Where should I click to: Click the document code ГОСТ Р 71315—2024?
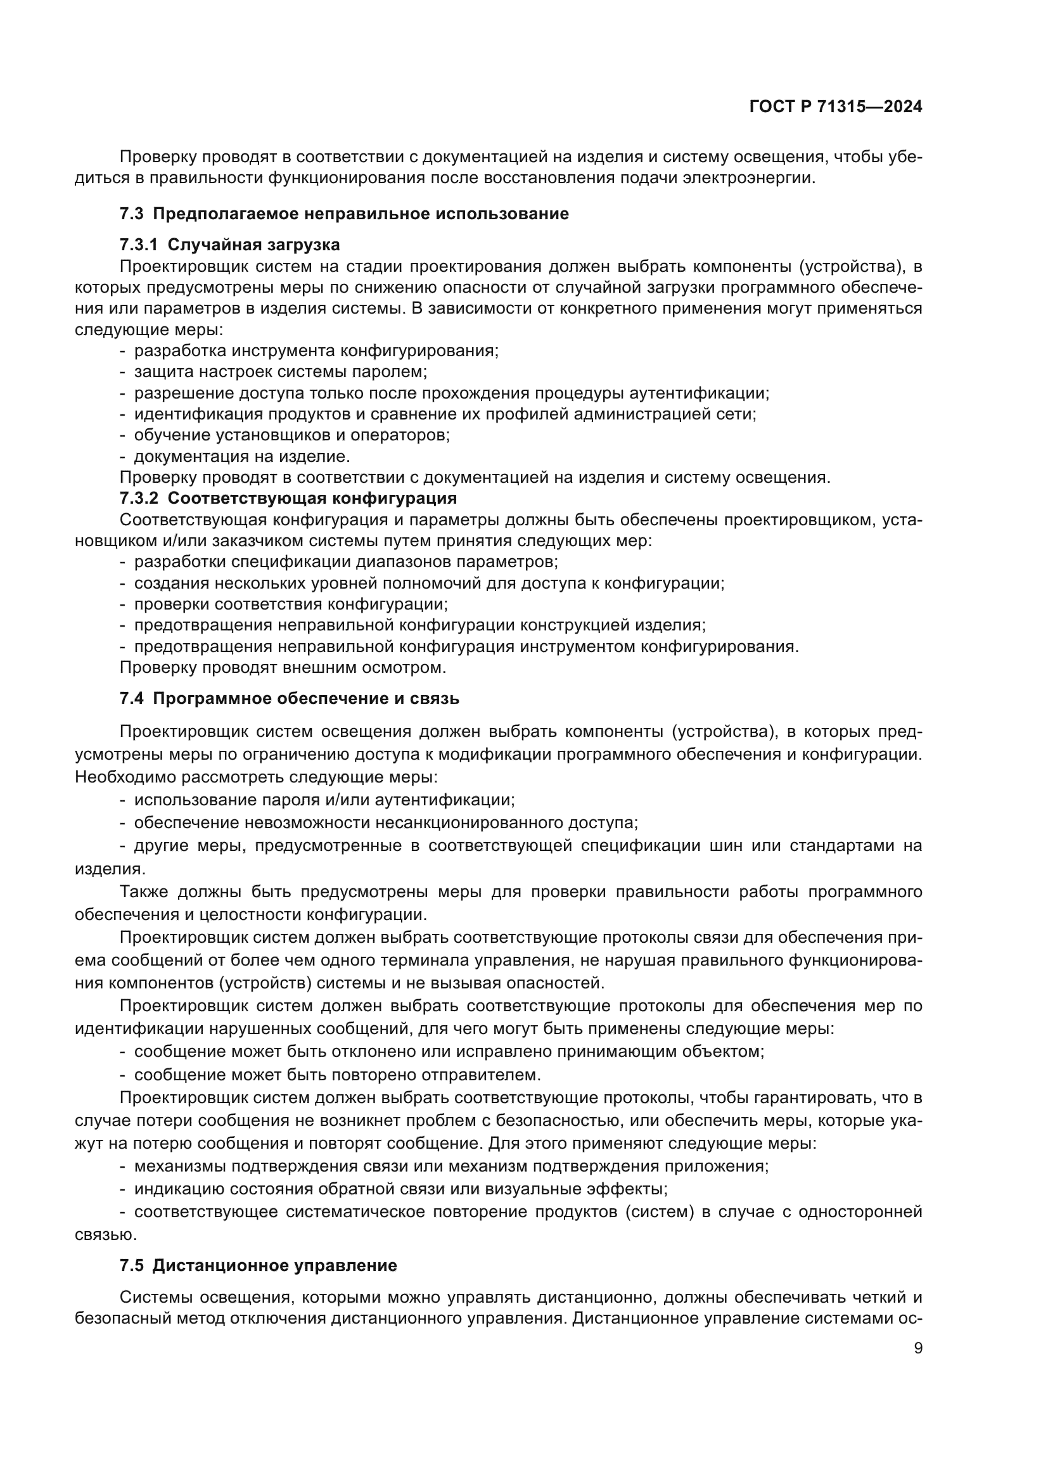pyautogui.click(x=836, y=107)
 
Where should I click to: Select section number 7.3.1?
pyautogui.click(x=138, y=245)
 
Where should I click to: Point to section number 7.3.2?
pyautogui.click(x=138, y=498)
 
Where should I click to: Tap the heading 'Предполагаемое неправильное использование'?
pyautogui.click(x=361, y=214)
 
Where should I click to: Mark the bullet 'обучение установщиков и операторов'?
pyautogui.click(x=291, y=435)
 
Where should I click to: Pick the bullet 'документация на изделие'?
pyautogui.click(x=242, y=457)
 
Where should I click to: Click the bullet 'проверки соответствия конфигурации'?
pyautogui.click(x=290, y=604)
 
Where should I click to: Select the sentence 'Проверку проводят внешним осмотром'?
pyautogui.click(x=283, y=667)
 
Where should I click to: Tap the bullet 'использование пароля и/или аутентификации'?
pyautogui.click(x=324, y=800)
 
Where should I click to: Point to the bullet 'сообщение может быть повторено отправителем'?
pyautogui.click(x=337, y=1075)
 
